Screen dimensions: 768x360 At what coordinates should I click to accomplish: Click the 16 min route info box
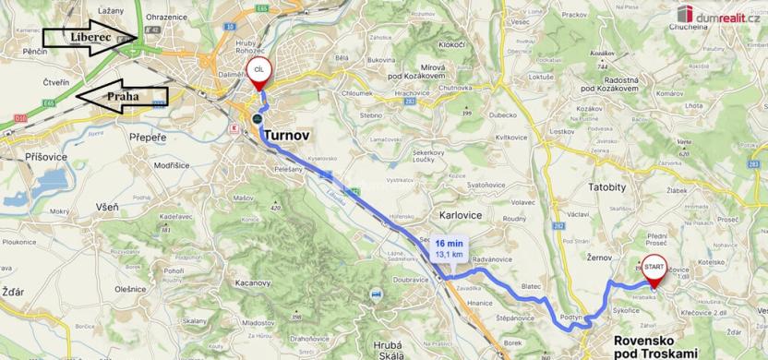(450, 246)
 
